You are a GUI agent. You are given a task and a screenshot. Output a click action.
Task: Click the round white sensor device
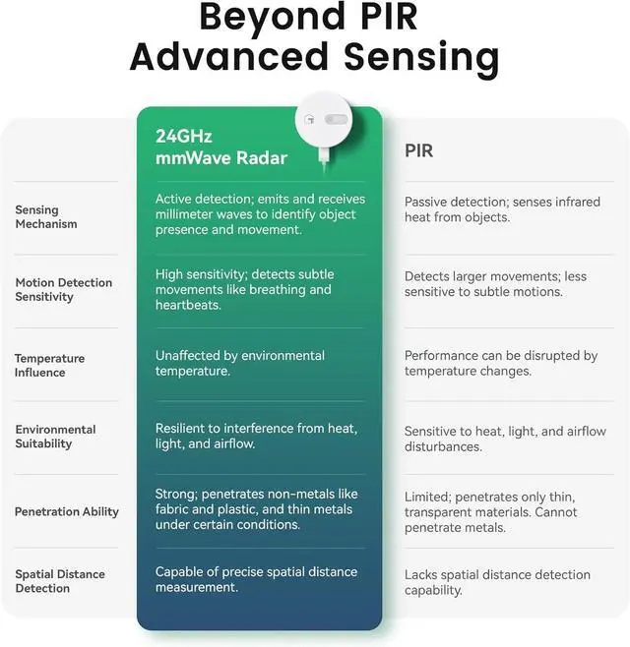click(324, 119)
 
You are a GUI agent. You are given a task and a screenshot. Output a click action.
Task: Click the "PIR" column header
click(420, 150)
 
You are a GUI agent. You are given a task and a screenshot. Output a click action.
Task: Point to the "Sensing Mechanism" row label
click(45, 216)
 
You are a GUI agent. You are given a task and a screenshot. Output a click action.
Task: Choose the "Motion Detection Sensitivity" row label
click(63, 289)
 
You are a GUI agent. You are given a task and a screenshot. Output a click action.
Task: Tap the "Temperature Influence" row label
click(49, 365)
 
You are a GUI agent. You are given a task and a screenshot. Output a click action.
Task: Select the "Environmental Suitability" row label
click(55, 436)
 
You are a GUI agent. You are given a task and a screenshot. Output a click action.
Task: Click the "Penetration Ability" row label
click(66, 511)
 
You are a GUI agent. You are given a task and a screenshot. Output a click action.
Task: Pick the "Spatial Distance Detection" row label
click(59, 581)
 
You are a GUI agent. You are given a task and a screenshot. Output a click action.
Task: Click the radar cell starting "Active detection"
click(260, 213)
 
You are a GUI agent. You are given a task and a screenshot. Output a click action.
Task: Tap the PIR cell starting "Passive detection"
click(502, 208)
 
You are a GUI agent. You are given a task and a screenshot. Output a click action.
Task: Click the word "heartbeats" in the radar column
click(187, 306)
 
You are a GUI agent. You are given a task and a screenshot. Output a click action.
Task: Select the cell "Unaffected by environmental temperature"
click(240, 363)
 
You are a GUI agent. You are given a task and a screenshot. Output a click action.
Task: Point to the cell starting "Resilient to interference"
click(256, 436)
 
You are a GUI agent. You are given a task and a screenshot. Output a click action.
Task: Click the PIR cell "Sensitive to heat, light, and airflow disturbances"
click(505, 439)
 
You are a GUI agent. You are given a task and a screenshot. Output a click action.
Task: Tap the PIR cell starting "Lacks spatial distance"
click(497, 582)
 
